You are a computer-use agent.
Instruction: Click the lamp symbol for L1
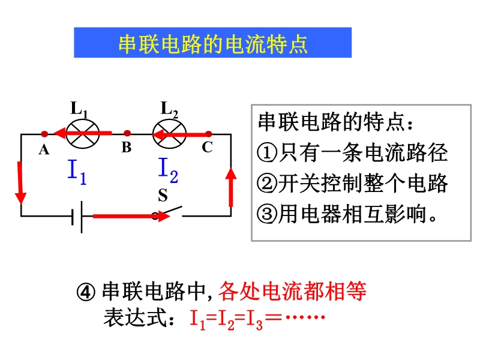pyautogui.click(x=83, y=133)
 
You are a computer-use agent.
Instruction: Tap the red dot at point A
pyautogui.click(x=44, y=134)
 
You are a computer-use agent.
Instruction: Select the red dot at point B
pyautogui.click(x=127, y=134)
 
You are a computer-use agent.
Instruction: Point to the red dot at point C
pyautogui.click(x=208, y=134)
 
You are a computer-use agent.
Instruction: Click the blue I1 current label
pyautogui.click(x=78, y=172)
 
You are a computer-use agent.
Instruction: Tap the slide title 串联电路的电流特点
pyautogui.click(x=213, y=44)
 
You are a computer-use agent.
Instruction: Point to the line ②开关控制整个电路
pyautogui.click(x=352, y=183)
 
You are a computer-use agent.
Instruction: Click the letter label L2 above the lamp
pyautogui.click(x=170, y=109)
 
